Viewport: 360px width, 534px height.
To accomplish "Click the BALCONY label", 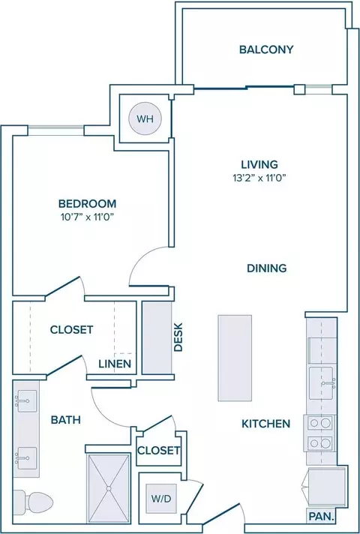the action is pos(266,49).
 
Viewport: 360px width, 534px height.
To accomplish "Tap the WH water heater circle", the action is pos(145,118).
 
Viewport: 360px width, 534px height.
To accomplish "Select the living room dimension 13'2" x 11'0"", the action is pos(259,178).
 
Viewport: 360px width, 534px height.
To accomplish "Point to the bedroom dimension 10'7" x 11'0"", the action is pos(87,217).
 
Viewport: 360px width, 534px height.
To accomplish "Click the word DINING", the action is pos(267,268).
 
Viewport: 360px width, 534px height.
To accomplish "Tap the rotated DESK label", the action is pos(178,337).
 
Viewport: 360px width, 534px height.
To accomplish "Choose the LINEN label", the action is pos(115,364).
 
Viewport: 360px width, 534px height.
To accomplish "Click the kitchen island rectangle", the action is pos(235,358).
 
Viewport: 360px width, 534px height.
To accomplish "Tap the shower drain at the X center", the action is pos(109,488).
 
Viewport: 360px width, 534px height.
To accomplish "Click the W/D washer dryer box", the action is pos(161,499).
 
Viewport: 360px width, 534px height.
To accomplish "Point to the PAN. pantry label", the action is pos(321,516).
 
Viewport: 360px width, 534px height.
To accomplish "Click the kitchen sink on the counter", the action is pos(321,382).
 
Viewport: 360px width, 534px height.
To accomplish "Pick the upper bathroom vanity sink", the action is pos(26,401).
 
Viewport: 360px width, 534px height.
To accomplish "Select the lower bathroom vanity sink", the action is pos(26,458).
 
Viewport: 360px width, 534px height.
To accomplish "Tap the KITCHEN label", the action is pos(266,424).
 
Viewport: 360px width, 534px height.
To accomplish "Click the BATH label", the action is pos(66,420).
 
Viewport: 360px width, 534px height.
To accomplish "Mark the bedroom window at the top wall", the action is pos(55,130).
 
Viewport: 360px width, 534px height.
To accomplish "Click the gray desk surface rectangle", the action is pos(157,337).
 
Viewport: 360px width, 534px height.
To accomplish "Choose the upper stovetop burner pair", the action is pos(320,423).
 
